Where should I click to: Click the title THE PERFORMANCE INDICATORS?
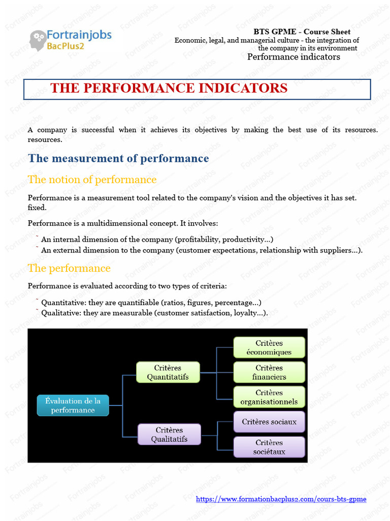tap(169, 88)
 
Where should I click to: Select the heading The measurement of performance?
tap(118, 158)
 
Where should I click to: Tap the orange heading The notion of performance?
tap(92, 180)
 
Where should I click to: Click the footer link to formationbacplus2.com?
tap(281, 499)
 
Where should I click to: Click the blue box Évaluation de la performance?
tap(73, 406)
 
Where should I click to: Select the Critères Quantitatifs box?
tap(168, 372)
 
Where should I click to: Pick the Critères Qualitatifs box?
tap(169, 435)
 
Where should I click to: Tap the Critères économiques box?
tap(269, 348)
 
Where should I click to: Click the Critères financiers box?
tap(269, 372)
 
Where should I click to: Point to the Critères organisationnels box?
tap(269, 397)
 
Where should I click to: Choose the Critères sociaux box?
tap(269, 422)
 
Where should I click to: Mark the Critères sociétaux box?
tap(269, 447)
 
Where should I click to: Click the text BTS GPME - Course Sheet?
tap(302, 32)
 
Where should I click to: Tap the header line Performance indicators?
tap(294, 56)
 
